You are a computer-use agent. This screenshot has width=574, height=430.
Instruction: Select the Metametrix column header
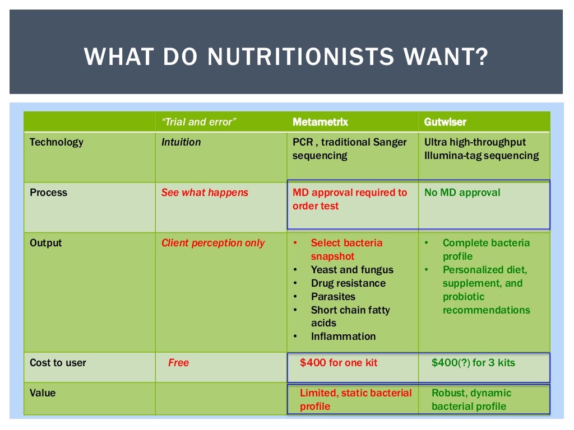click(x=320, y=121)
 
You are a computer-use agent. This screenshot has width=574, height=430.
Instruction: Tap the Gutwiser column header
click(x=445, y=121)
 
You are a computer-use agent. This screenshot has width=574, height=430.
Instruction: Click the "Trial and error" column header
click(x=199, y=121)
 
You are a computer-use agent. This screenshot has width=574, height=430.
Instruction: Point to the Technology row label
click(x=56, y=142)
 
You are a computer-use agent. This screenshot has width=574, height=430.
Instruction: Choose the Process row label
click(x=48, y=193)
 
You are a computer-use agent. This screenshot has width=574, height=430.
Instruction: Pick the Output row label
click(x=46, y=243)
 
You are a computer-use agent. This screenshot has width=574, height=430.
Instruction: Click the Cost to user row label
click(x=58, y=363)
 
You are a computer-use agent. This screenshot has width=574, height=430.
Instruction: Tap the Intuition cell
click(x=181, y=142)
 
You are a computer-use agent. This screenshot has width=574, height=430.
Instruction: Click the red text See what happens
click(x=205, y=193)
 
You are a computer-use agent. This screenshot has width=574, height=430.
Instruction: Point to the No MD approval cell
click(x=462, y=193)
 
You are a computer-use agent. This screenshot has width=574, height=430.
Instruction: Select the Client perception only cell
click(x=213, y=243)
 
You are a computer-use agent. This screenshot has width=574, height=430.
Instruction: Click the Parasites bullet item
click(x=333, y=297)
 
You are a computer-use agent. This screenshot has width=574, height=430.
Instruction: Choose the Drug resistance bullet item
click(x=348, y=283)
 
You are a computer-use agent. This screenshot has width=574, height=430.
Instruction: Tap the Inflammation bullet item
click(x=343, y=336)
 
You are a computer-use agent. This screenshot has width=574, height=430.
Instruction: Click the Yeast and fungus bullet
click(x=352, y=270)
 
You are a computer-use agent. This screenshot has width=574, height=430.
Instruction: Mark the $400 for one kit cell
click(x=339, y=363)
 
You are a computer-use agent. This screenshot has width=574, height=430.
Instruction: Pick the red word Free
click(x=179, y=363)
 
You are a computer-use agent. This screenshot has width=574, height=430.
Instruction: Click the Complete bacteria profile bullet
click(x=485, y=250)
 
